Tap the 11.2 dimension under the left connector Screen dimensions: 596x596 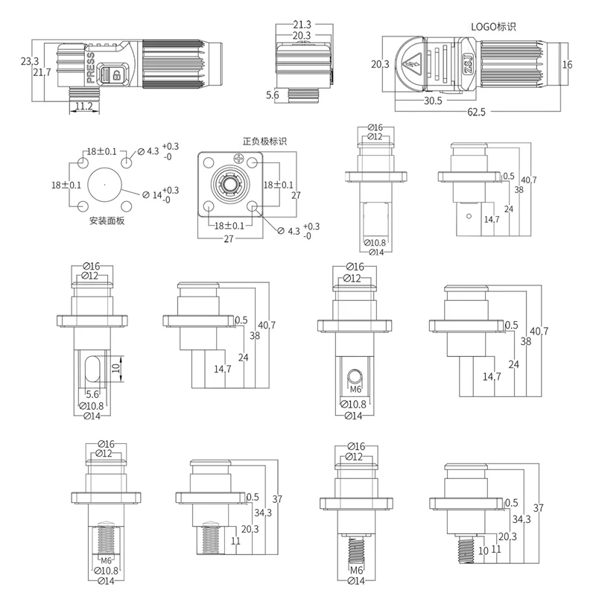pyautogui.click(x=84, y=107)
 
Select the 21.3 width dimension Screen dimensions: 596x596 pyautogui.click(x=302, y=25)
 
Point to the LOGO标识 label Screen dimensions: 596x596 pyautogui.click(x=493, y=26)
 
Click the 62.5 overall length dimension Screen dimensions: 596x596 pyautogui.click(x=476, y=112)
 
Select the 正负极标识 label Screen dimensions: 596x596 pyautogui.click(x=264, y=141)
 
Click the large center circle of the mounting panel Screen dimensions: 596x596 pyautogui.click(x=104, y=184)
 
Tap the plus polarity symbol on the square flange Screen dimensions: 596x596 pyautogui.click(x=238, y=158)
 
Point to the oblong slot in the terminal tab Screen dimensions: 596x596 pyautogui.click(x=93, y=370)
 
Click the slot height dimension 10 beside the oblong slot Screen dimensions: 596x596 pyautogui.click(x=115, y=368)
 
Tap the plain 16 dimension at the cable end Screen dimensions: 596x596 pyautogui.click(x=567, y=65)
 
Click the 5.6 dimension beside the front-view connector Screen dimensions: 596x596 pyautogui.click(x=273, y=95)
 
